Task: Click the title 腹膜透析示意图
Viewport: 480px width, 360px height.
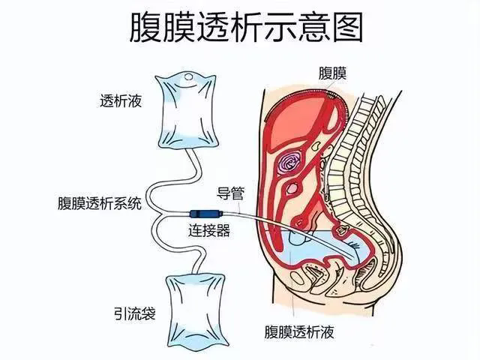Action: pos(246,27)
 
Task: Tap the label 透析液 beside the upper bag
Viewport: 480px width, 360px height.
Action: pos(121,100)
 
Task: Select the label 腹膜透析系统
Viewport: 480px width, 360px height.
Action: pos(100,203)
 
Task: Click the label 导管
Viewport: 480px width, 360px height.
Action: pos(231,193)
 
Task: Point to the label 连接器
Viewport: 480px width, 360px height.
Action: pos(209,231)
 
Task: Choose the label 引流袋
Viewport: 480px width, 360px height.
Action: pos(135,313)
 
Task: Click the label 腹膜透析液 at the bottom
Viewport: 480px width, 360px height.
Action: pos(299,331)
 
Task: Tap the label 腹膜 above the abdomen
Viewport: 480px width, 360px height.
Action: pos(332,73)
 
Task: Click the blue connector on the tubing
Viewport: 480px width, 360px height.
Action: pos(205,213)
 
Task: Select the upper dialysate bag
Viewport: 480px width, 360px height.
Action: pos(187,110)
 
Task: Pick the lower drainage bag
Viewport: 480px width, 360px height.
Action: pos(196,310)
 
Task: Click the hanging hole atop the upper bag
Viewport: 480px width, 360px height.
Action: pos(188,76)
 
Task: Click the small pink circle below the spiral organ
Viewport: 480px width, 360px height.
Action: pos(292,188)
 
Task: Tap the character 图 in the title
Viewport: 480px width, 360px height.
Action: pos(347,27)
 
